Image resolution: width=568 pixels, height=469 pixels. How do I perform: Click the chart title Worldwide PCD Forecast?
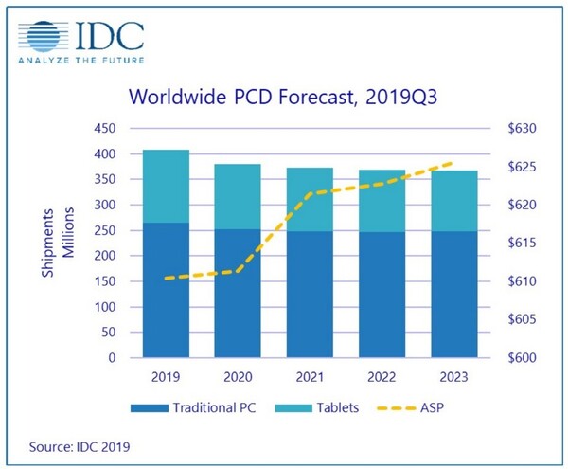pyautogui.click(x=281, y=98)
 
